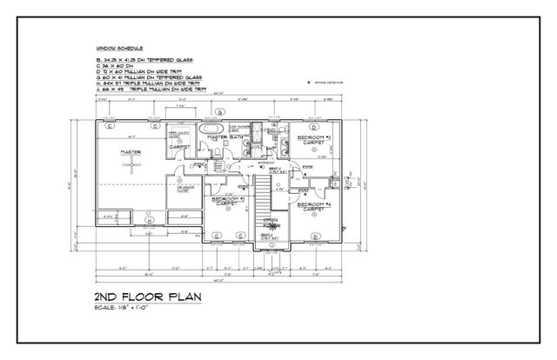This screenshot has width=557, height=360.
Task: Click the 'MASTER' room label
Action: click(131, 151)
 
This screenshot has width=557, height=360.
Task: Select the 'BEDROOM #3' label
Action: click(312, 139)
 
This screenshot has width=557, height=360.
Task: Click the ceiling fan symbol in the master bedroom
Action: click(133, 170)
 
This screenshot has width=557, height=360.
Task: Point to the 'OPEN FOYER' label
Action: click(270, 223)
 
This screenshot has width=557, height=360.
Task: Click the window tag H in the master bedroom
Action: click(108, 125)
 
